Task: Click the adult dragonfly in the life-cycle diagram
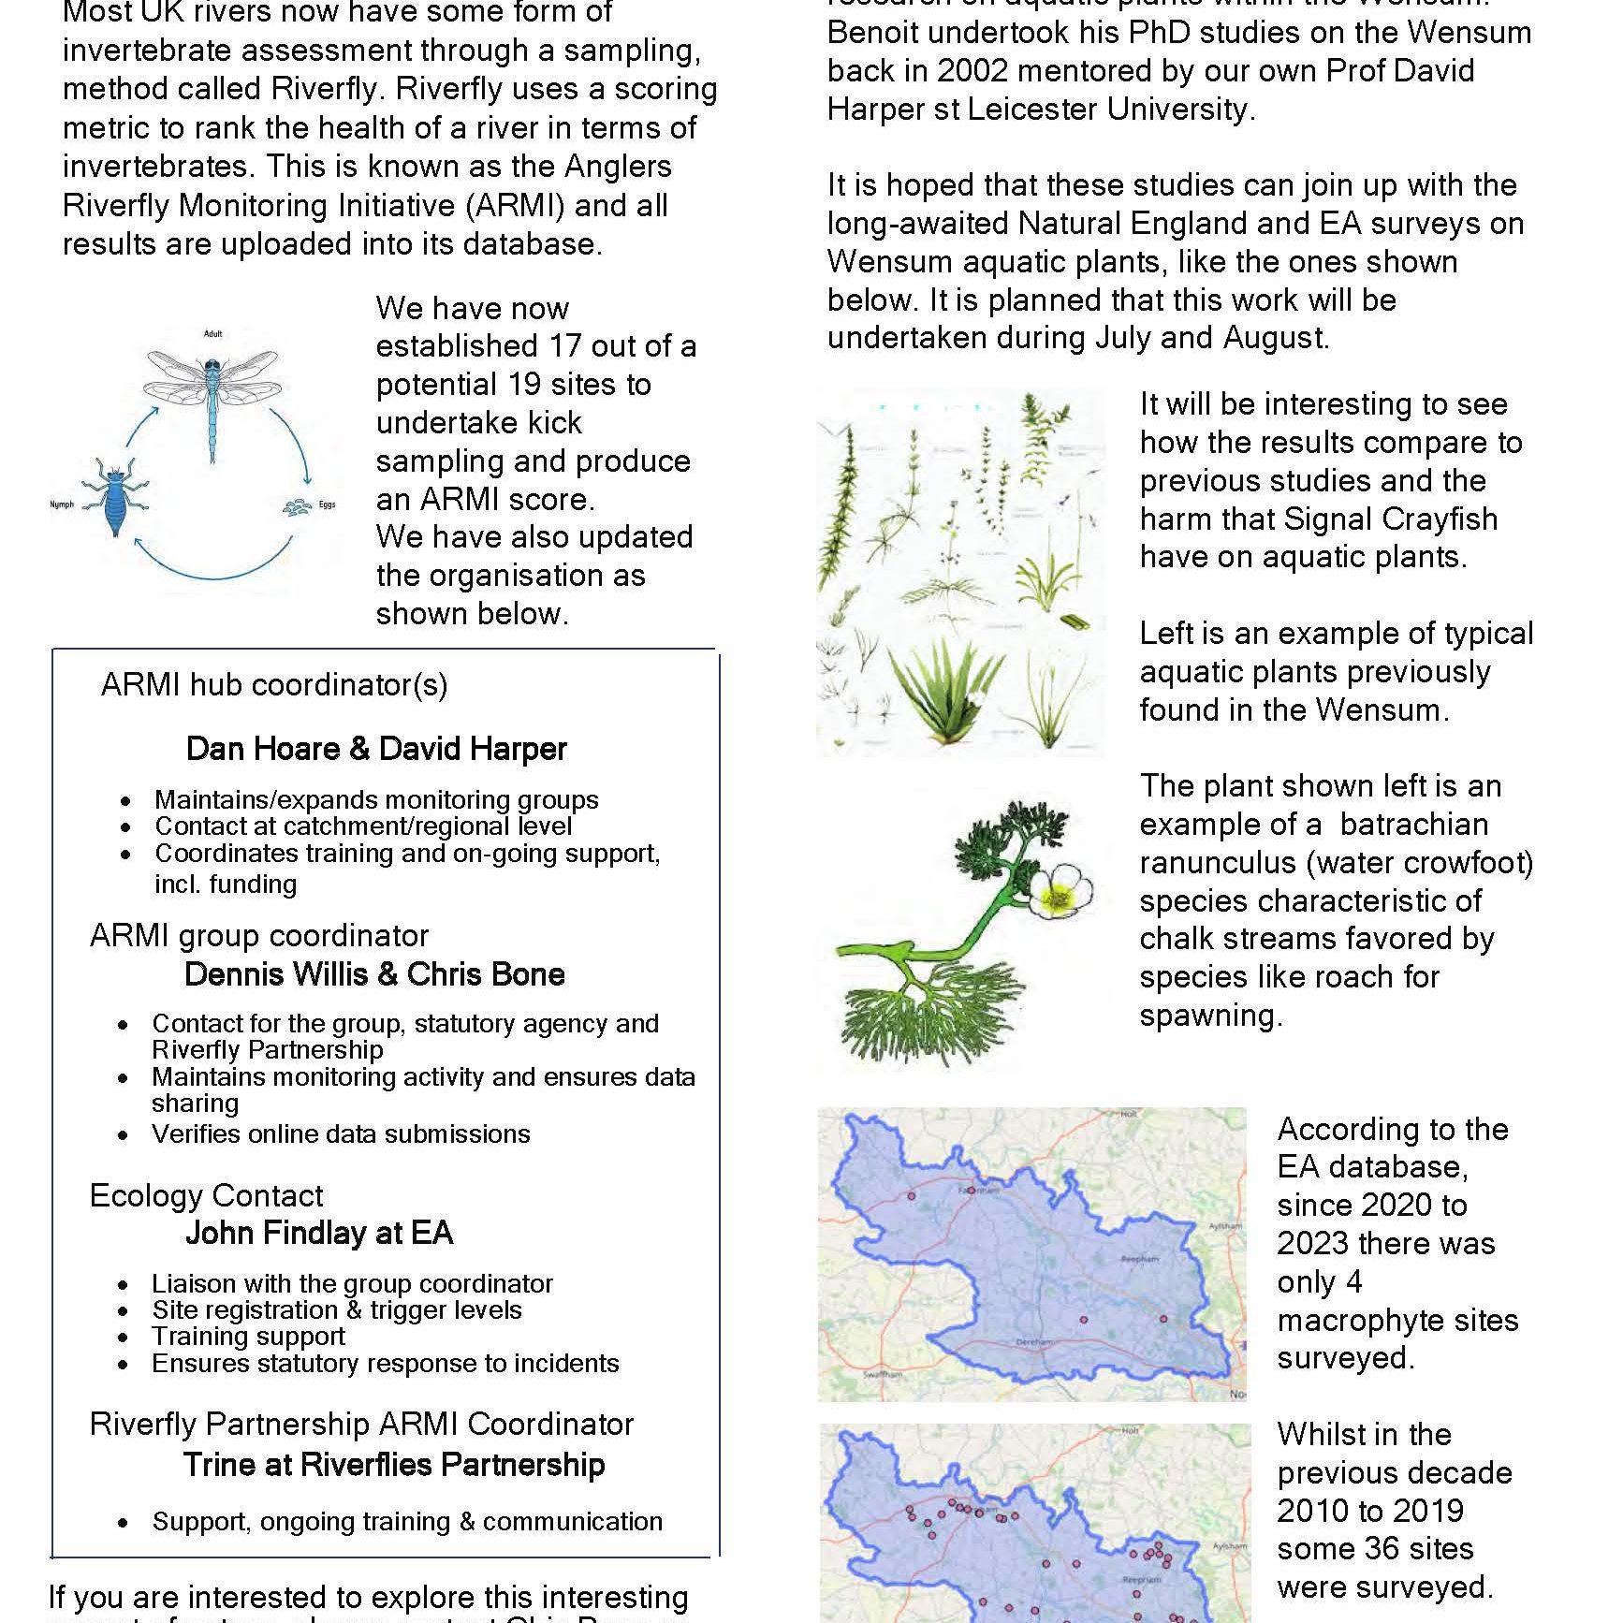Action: coord(213,393)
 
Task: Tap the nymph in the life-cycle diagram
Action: coord(113,497)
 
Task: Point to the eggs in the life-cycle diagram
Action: coord(299,506)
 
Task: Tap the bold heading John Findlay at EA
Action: coord(319,1233)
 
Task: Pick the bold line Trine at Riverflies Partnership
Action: coord(394,1464)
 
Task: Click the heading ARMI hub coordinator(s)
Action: coord(274,685)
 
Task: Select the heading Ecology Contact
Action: coord(206,1195)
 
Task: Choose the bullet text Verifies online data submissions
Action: coord(341,1134)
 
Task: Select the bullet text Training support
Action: coord(248,1337)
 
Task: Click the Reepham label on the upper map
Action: coord(1140,1259)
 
